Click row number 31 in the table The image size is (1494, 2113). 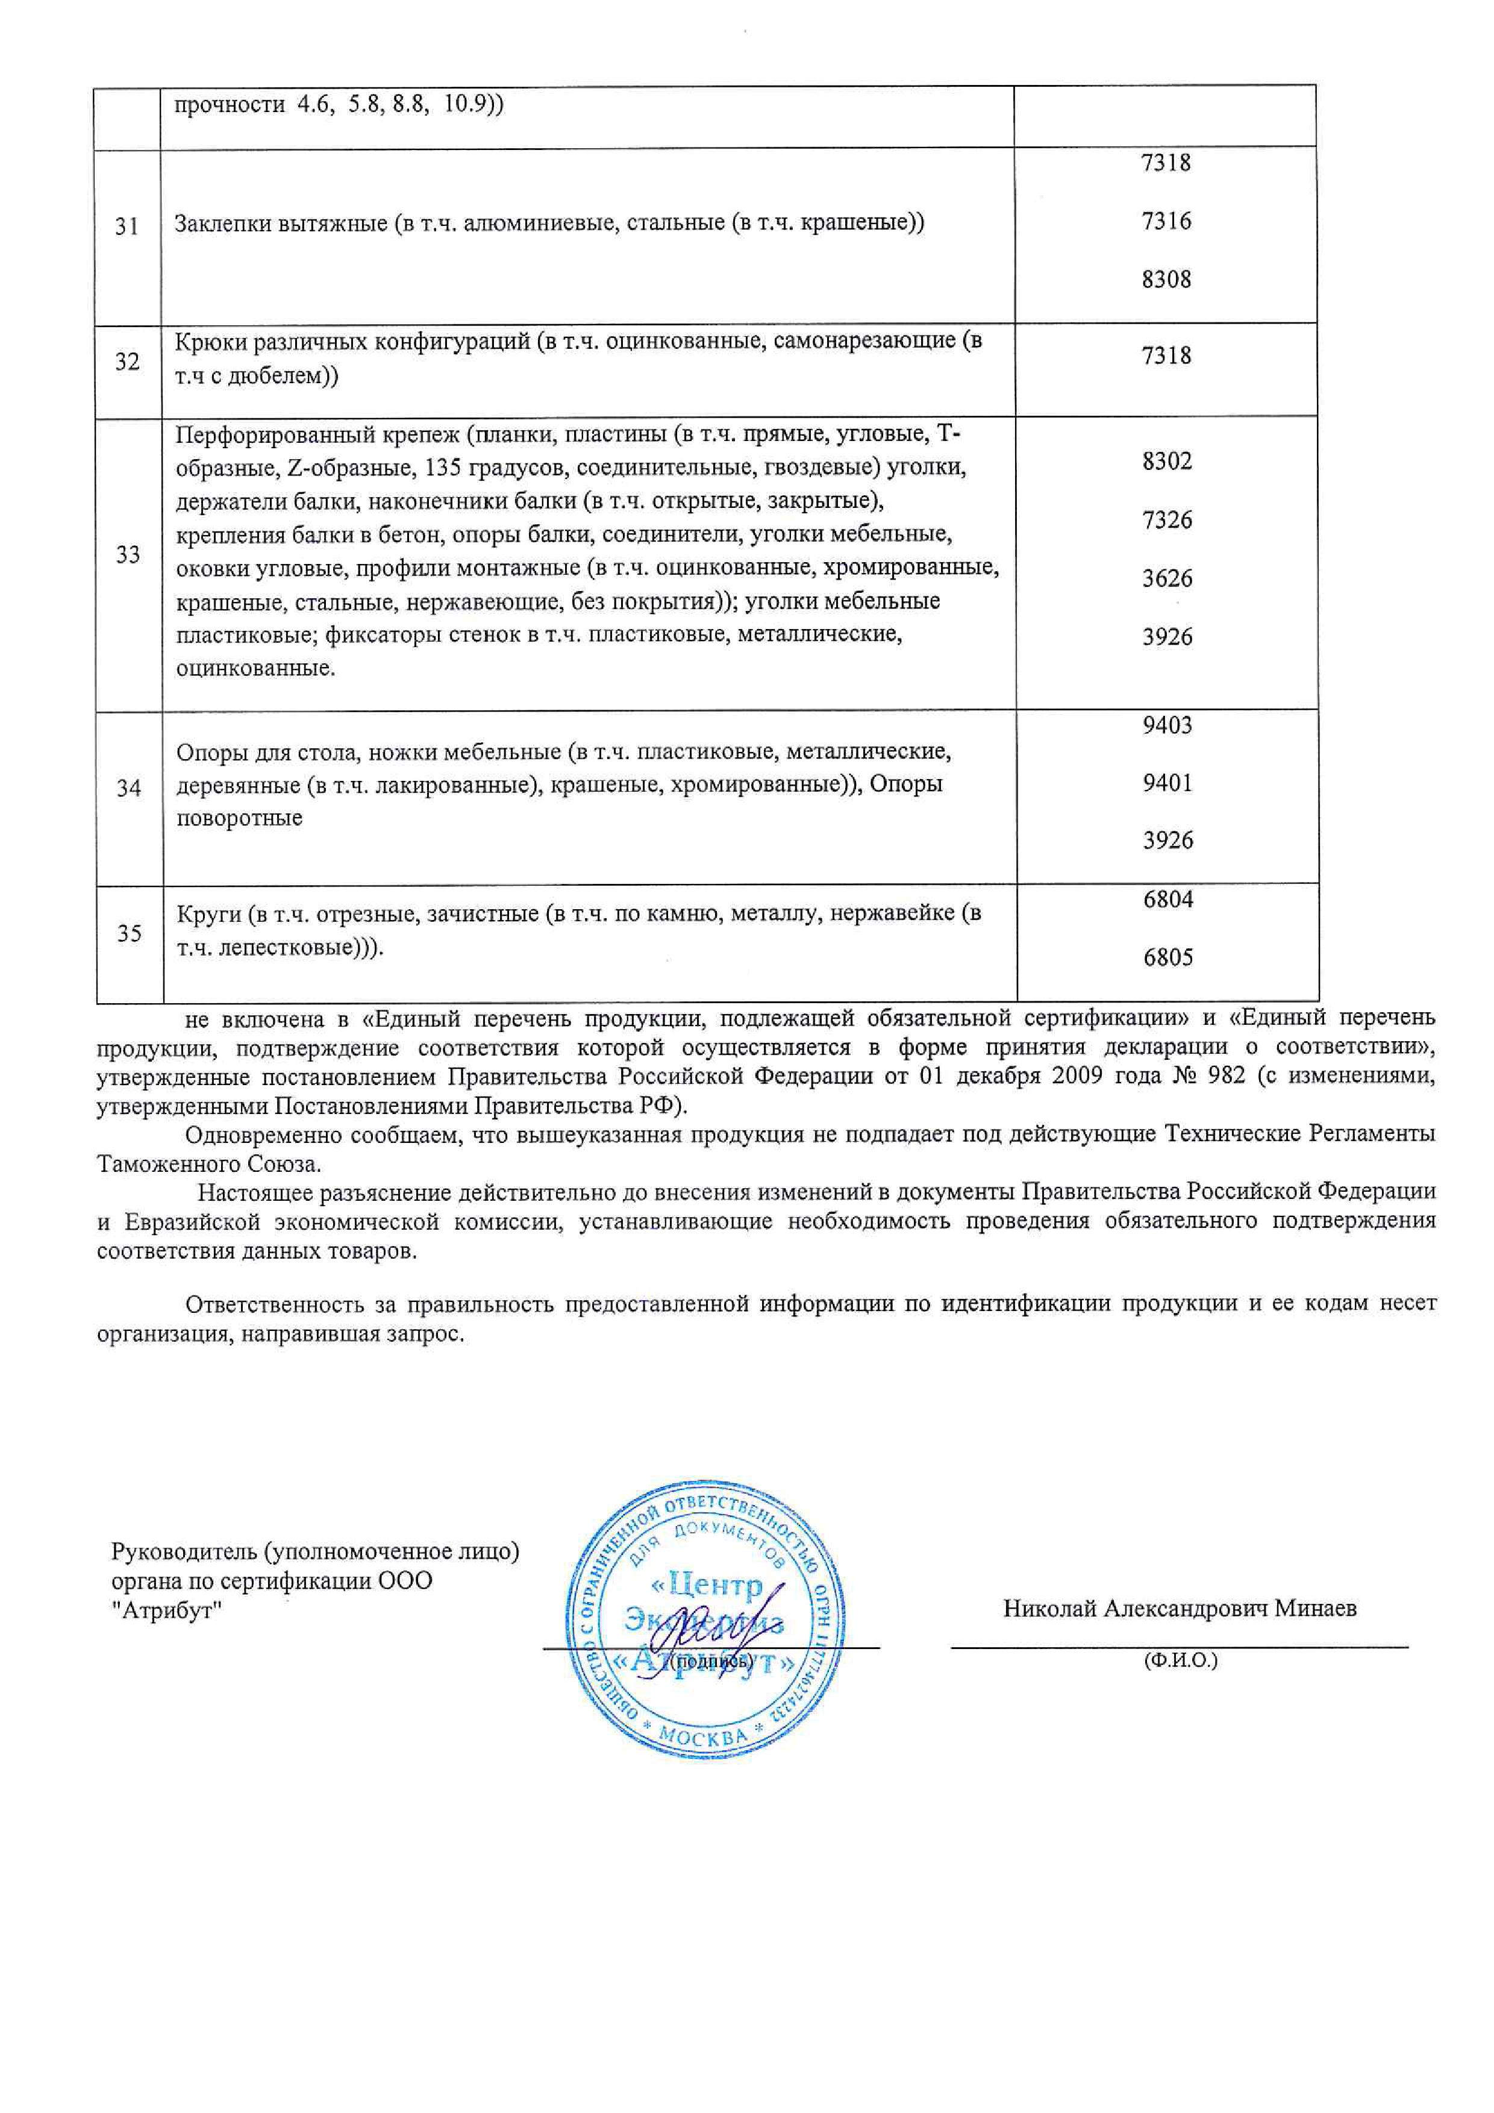coord(127,227)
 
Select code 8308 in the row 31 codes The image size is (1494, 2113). coord(1166,279)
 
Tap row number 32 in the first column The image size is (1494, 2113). coord(127,362)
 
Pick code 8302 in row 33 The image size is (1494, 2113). coord(1166,461)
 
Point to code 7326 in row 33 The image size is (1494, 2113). coord(1166,520)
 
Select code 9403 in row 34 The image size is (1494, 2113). coord(1166,725)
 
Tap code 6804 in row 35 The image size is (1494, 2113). coord(1167,899)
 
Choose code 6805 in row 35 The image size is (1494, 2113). coord(1167,957)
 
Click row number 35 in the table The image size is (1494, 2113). coord(129,933)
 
